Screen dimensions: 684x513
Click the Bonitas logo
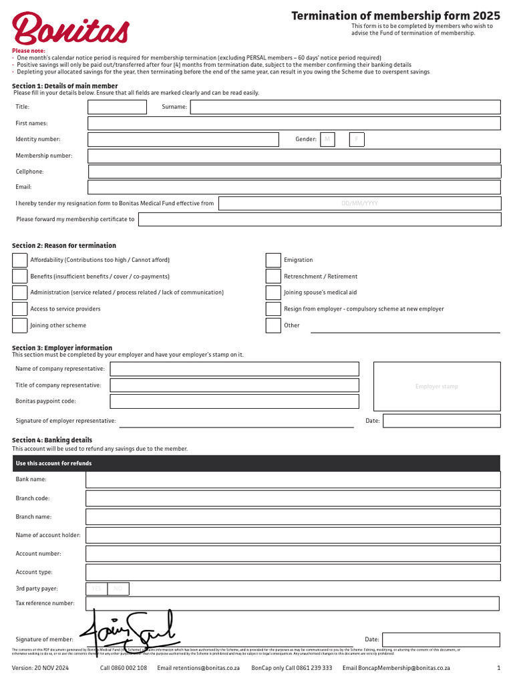coord(70,29)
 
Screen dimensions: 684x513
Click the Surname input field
coord(345,107)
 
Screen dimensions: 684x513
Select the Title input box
coord(117,107)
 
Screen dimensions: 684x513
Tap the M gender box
coord(327,140)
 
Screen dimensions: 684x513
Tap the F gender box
coord(357,140)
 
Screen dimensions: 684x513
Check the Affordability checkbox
coord(20,260)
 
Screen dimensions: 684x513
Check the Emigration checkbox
coord(273,260)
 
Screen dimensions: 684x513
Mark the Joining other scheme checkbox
coord(20,325)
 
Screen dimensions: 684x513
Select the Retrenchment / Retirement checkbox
coord(273,277)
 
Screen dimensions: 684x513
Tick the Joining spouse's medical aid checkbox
coord(273,293)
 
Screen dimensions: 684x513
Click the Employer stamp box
coord(437,386)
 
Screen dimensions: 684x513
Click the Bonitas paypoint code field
coord(234,401)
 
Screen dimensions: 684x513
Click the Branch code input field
coord(293,498)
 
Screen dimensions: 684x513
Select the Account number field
coord(293,554)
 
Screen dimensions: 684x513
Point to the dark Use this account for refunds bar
coord(256,464)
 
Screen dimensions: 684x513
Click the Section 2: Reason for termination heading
coord(64,246)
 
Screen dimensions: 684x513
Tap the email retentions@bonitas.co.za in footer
coord(198,668)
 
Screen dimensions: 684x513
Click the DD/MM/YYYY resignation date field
coord(359,203)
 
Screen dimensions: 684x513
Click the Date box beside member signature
coord(441,639)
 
